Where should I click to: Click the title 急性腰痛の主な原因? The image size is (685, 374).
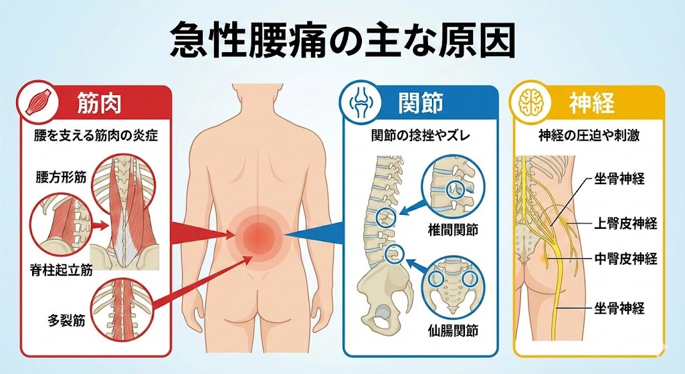click(x=342, y=41)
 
